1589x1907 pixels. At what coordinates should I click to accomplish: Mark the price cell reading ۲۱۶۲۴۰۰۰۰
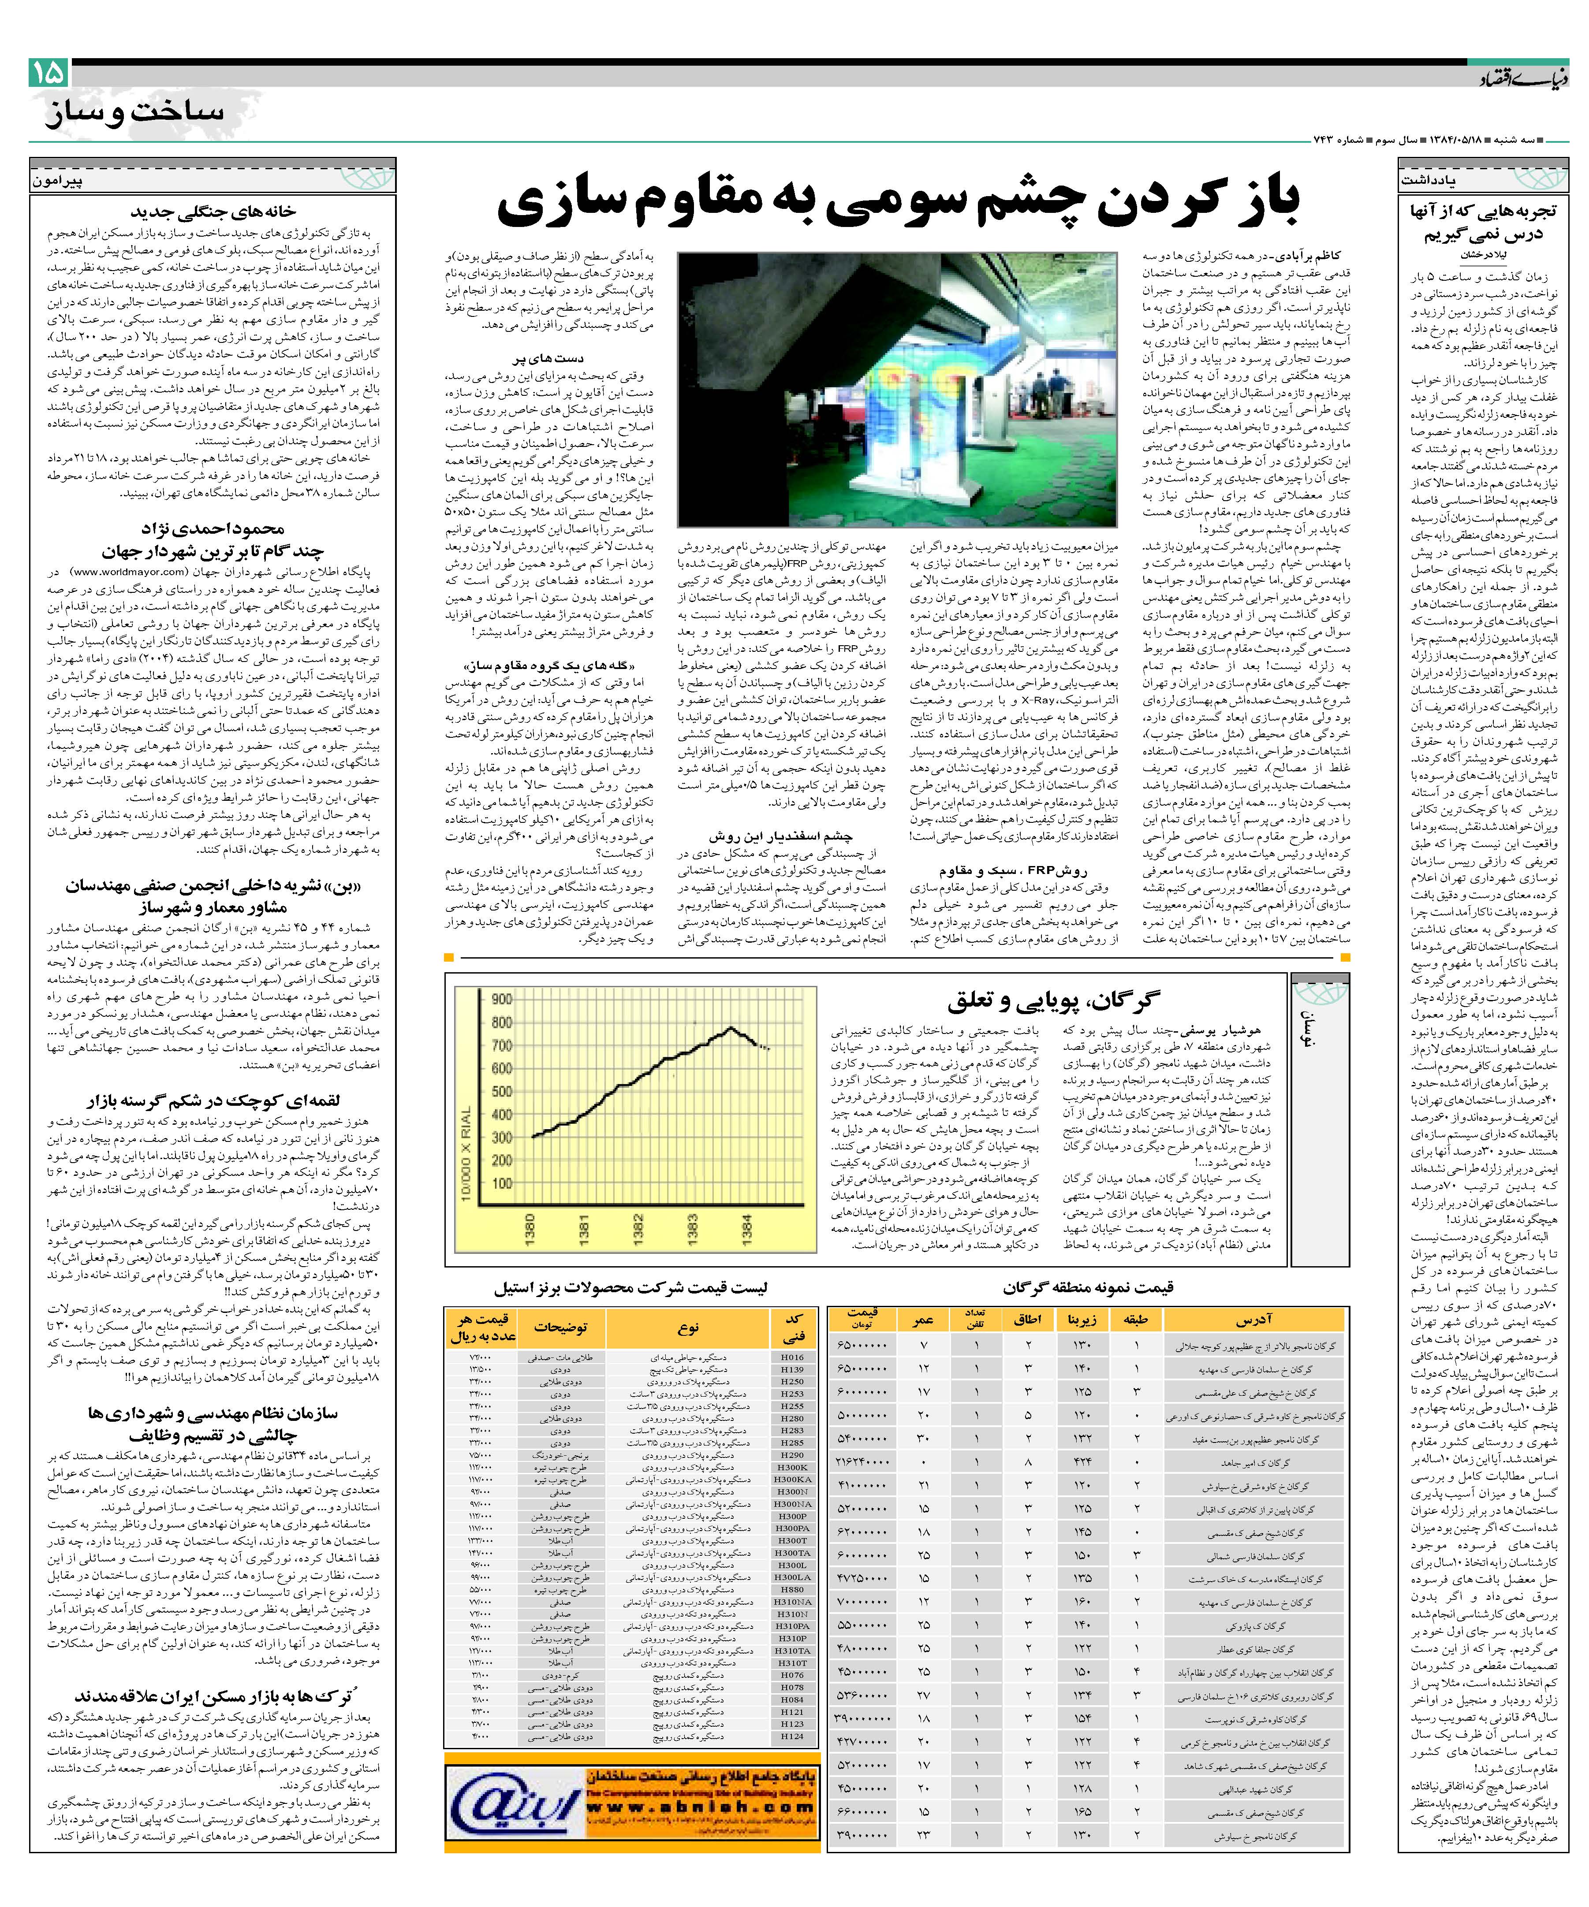pos(860,1462)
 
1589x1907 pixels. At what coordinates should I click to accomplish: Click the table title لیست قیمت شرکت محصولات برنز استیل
pos(630,1288)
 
